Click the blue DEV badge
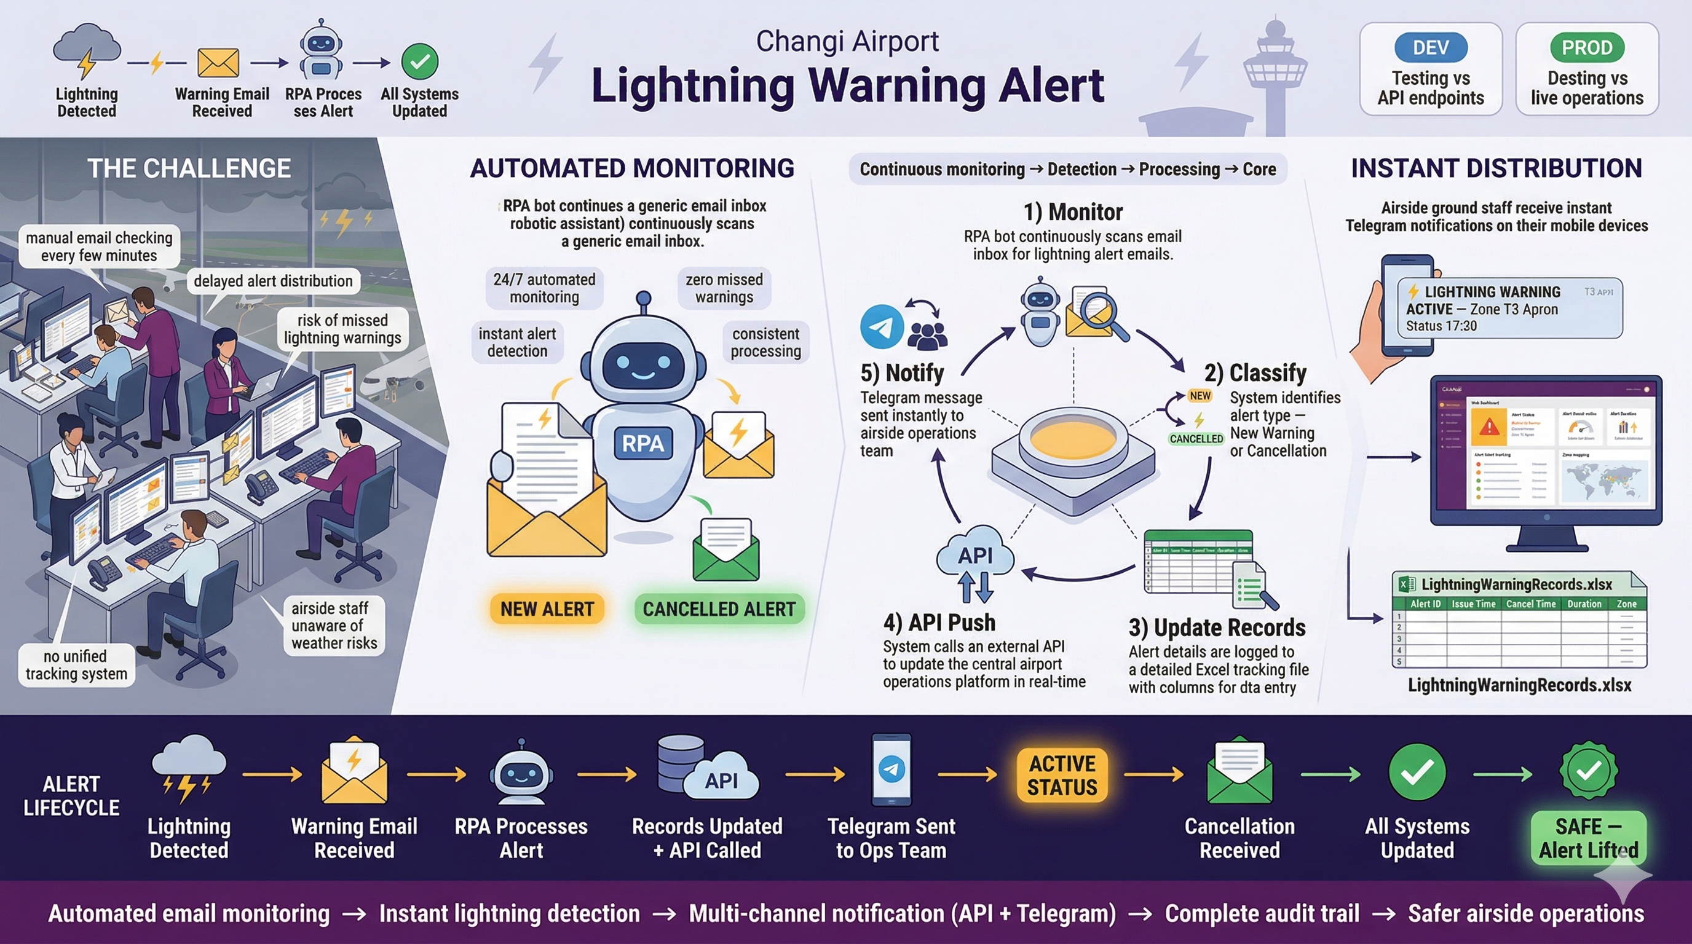click(1430, 48)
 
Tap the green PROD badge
click(1586, 48)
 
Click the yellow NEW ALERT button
click(547, 608)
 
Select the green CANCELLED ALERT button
click(719, 608)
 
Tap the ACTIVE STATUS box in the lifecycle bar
click(1061, 775)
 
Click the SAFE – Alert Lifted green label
click(1587, 838)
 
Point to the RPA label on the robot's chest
click(642, 443)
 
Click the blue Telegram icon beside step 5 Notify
click(882, 326)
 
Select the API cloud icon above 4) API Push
click(974, 556)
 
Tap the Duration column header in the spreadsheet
click(1584, 604)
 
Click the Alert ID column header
click(1425, 604)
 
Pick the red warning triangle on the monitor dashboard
click(1489, 427)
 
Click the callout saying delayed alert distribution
click(272, 281)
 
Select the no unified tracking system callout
click(76, 665)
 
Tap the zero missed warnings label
click(724, 288)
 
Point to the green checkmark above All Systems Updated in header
click(420, 61)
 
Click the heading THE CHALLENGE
click(189, 169)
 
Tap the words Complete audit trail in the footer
click(1262, 913)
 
